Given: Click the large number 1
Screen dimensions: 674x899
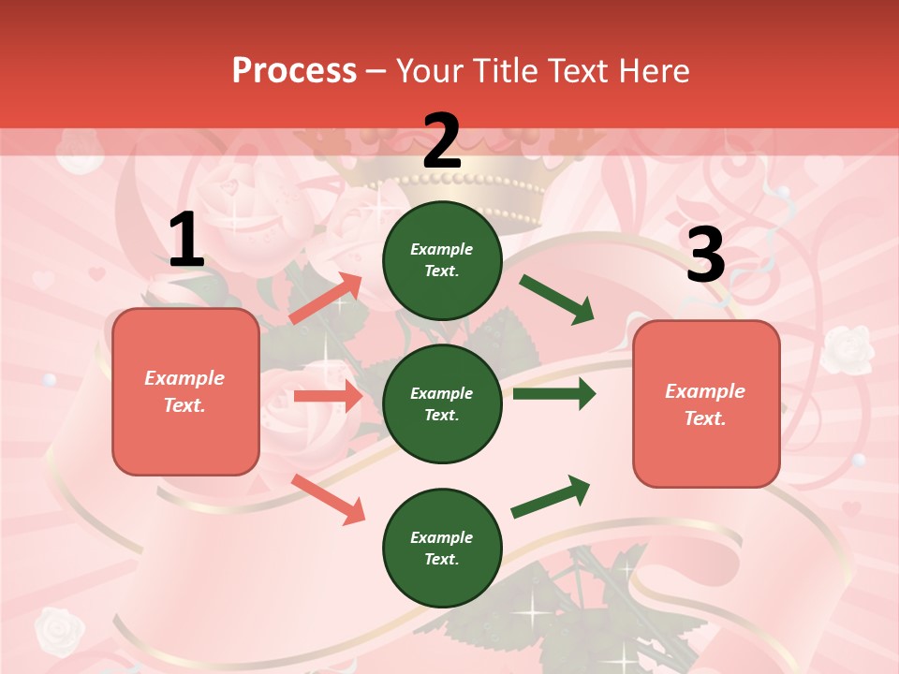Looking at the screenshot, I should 186,241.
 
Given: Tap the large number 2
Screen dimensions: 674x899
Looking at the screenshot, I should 442,141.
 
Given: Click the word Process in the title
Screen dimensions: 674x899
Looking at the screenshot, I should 294,70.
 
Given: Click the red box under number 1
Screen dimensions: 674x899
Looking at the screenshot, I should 185,391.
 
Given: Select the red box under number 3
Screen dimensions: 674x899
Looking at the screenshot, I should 706,403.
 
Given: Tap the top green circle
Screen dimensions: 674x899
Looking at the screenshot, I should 442,260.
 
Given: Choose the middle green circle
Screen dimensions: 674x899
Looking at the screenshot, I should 442,403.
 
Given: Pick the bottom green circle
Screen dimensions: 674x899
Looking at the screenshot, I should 442,548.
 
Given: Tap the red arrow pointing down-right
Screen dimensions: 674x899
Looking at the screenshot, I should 328,498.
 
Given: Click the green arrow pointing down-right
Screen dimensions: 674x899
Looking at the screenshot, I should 557,300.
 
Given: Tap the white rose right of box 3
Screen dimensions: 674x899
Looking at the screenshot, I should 848,348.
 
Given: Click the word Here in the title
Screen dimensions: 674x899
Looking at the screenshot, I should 656,70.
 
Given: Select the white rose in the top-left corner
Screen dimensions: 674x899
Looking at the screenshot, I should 81,152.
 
